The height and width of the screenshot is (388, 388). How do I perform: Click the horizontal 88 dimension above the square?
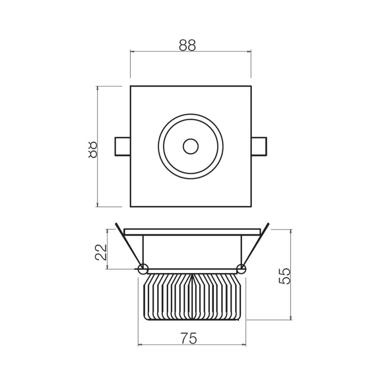(x=187, y=45)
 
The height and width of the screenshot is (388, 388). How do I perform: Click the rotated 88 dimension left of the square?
(x=92, y=150)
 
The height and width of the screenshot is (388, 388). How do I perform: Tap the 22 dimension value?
(x=100, y=252)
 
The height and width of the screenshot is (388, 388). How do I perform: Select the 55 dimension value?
(x=284, y=276)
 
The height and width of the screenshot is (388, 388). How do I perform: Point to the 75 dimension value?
(x=189, y=338)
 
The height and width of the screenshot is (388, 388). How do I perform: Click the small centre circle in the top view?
(x=191, y=146)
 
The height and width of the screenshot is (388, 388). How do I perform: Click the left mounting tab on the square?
(x=123, y=146)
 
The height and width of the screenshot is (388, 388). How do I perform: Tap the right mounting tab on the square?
(x=259, y=146)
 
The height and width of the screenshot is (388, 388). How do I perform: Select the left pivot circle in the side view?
(x=143, y=269)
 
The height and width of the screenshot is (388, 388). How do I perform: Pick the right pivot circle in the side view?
(x=241, y=269)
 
